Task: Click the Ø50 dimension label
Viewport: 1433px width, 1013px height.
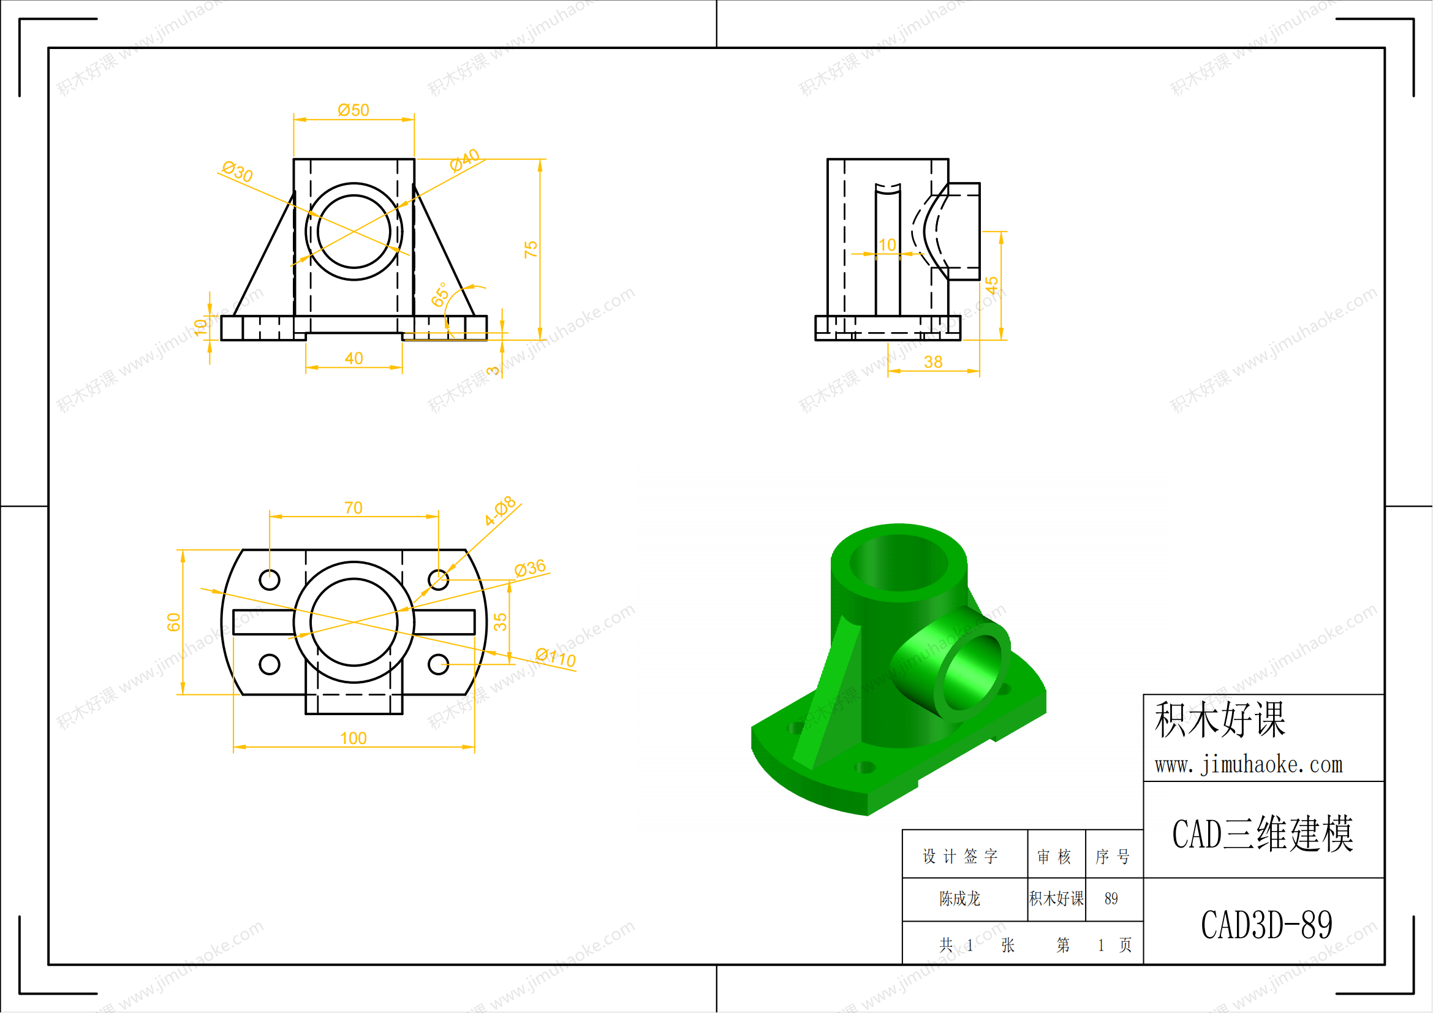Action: pyautogui.click(x=354, y=110)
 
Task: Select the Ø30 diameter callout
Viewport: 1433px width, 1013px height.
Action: pyautogui.click(x=238, y=171)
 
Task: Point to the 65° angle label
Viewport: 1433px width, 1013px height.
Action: pyautogui.click(x=440, y=295)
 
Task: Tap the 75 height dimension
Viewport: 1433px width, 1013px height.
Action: pyautogui.click(x=531, y=249)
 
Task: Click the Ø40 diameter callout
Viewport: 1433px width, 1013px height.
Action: pyautogui.click(x=465, y=161)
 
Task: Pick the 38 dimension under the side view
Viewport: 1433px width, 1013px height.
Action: pyautogui.click(x=933, y=362)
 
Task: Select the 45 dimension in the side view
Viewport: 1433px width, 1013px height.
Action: pyautogui.click(x=992, y=286)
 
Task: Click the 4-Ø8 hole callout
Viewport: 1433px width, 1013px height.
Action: pyautogui.click(x=500, y=511)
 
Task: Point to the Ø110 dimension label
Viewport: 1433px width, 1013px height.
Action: pyautogui.click(x=556, y=657)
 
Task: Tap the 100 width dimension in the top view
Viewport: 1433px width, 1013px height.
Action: pyautogui.click(x=354, y=738)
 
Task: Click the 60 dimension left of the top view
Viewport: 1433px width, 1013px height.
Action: pyautogui.click(x=173, y=622)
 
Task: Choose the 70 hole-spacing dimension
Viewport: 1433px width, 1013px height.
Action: pyautogui.click(x=354, y=508)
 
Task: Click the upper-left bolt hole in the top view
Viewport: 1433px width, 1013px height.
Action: pyautogui.click(x=270, y=580)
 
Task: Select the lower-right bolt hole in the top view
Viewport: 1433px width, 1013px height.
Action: pyautogui.click(x=438, y=664)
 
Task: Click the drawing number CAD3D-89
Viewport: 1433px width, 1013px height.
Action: pyautogui.click(x=1266, y=925)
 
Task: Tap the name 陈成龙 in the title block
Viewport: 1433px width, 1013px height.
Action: pyautogui.click(x=960, y=899)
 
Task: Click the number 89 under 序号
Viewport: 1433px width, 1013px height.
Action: pyautogui.click(x=1111, y=899)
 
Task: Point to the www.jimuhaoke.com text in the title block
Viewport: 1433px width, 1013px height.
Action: pyautogui.click(x=1248, y=765)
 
